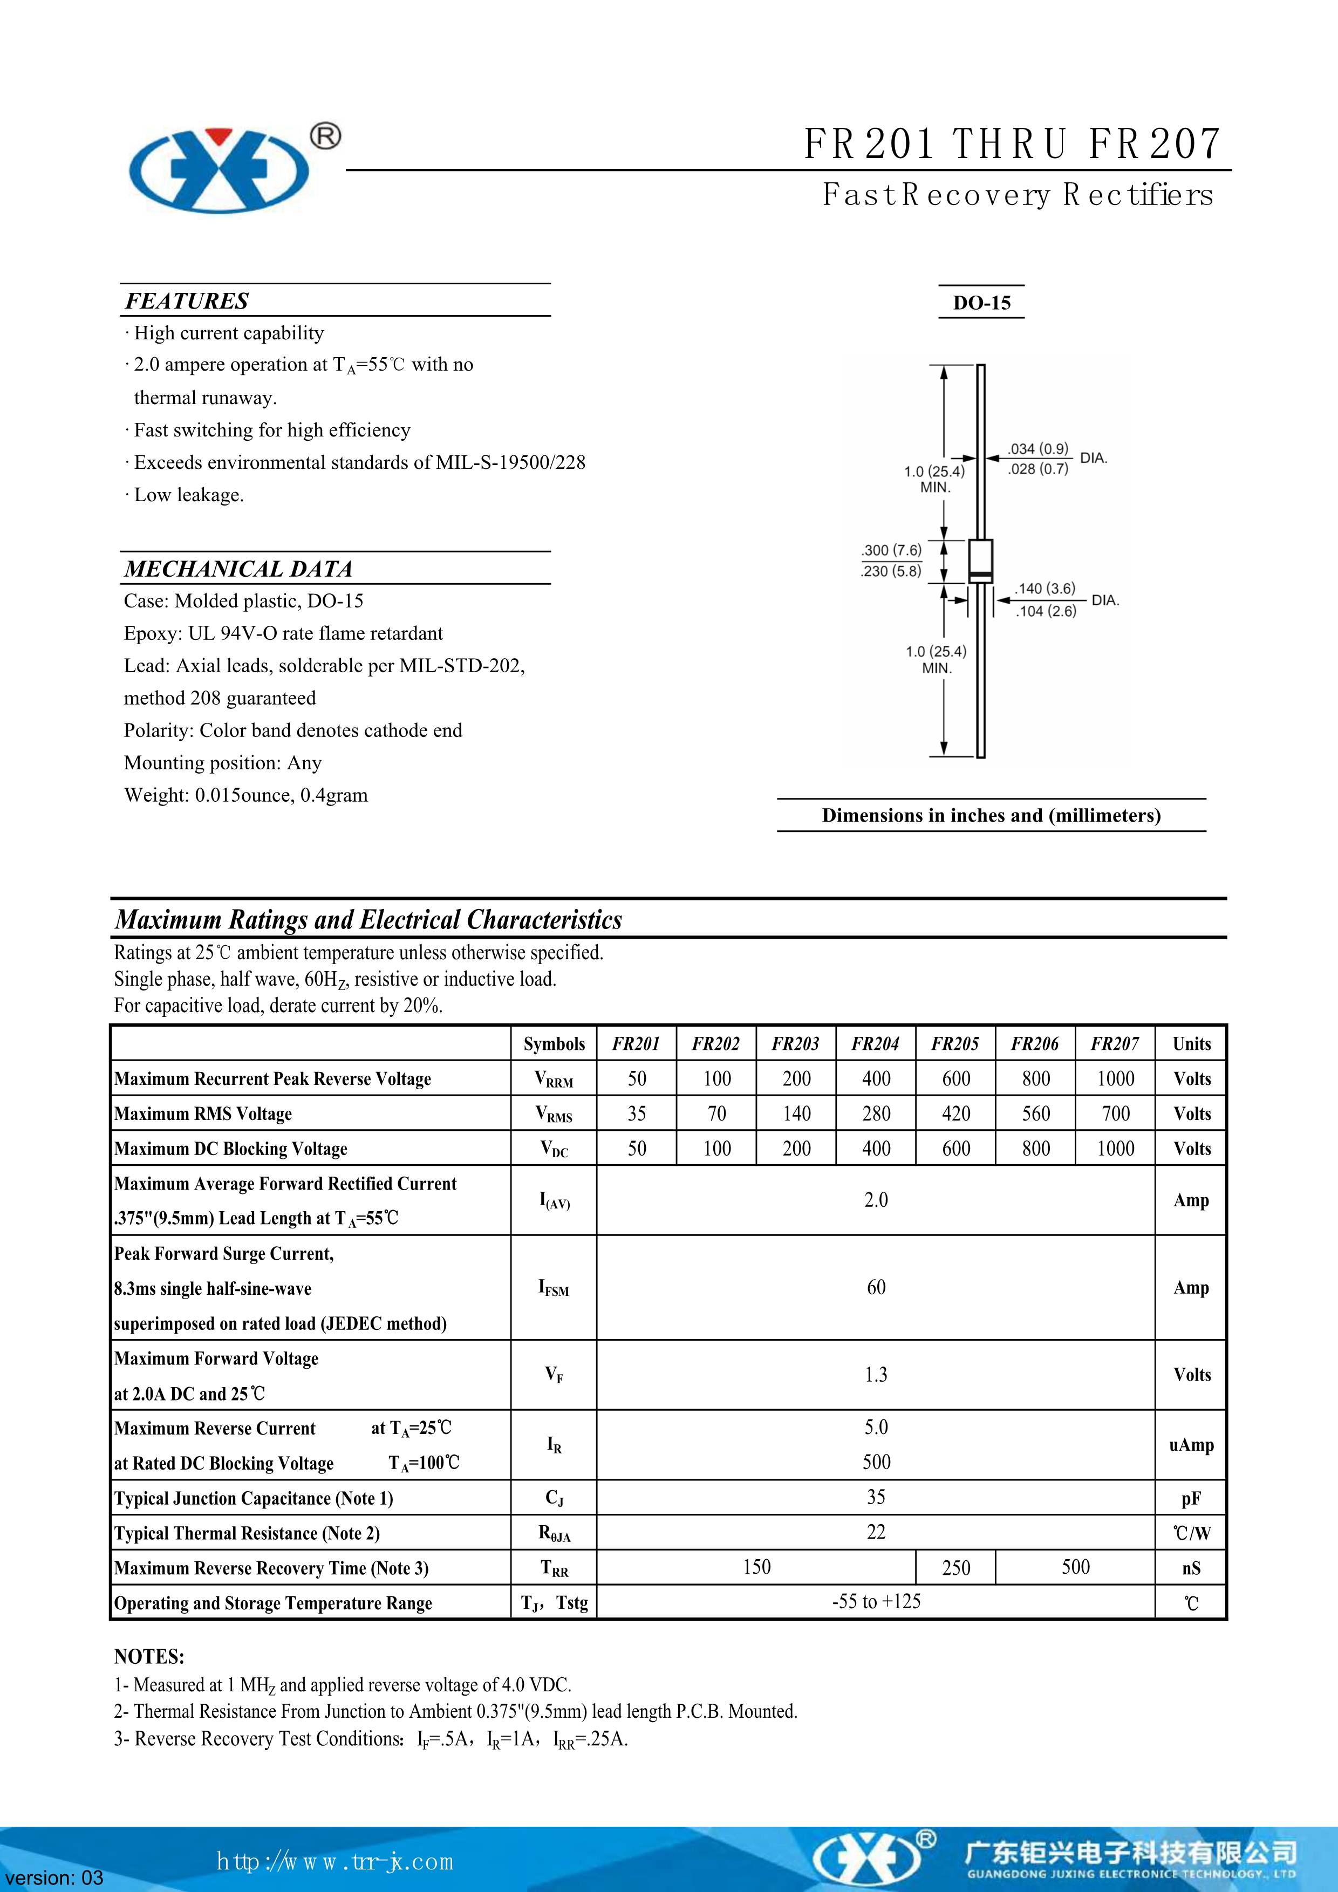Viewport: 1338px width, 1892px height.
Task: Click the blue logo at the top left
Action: tap(219, 170)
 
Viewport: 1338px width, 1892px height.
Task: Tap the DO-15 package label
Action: tap(981, 303)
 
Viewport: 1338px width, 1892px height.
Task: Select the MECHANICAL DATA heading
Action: tap(238, 569)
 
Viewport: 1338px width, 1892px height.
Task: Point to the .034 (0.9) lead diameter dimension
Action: tap(1037, 449)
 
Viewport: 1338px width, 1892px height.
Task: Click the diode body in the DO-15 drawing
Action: tap(980, 561)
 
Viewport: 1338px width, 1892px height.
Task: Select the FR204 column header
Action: tap(875, 1044)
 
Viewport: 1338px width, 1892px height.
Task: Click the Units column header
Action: tap(1191, 1044)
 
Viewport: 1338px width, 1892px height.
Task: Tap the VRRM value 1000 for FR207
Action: tap(1116, 1078)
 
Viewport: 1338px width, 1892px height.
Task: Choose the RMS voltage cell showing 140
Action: tap(797, 1114)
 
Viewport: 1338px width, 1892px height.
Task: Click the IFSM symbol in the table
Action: tap(554, 1287)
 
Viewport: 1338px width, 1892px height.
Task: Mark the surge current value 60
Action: tap(876, 1287)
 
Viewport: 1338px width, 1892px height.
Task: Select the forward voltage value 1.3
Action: tap(876, 1375)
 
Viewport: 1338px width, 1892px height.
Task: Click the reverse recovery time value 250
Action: tap(955, 1567)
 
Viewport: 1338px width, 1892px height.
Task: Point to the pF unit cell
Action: tap(1191, 1498)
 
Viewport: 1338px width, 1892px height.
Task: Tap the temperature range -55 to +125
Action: tap(876, 1602)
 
